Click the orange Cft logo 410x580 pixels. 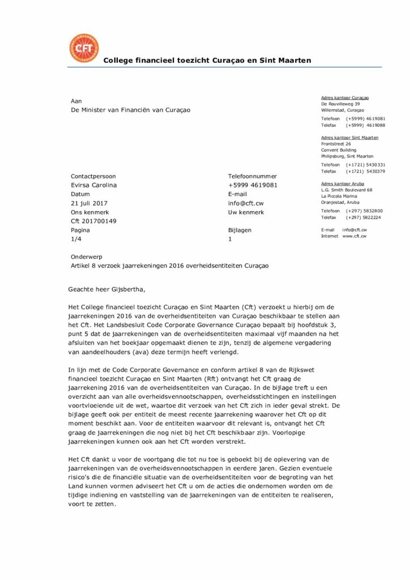coord(83,49)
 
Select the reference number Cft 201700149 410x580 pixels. coord(94,221)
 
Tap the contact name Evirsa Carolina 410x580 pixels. coord(94,185)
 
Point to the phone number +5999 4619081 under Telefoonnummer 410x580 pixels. coord(253,185)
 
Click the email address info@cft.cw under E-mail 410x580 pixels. coord(246,203)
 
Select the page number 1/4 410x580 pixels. coord(76,240)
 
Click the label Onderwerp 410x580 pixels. coord(87,257)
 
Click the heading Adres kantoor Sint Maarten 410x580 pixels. coord(349,138)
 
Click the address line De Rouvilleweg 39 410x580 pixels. coord(340,104)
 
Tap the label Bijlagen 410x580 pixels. coord(240,231)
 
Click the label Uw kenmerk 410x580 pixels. coord(246,212)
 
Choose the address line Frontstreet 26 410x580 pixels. coord(336,144)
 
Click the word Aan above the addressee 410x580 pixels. coord(76,101)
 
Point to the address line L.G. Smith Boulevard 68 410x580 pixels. coord(347,190)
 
